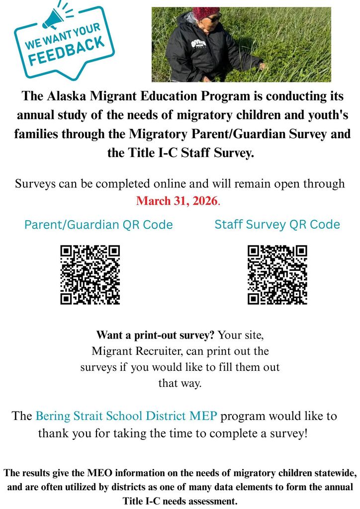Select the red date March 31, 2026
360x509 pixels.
point(177,201)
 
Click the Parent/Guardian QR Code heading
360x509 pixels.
point(98,225)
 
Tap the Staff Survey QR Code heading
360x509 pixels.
point(277,224)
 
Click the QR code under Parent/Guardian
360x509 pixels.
point(90,274)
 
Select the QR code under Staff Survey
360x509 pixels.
point(277,274)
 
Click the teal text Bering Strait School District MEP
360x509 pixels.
point(127,416)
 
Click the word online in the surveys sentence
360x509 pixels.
point(170,183)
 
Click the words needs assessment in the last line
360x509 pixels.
point(201,501)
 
